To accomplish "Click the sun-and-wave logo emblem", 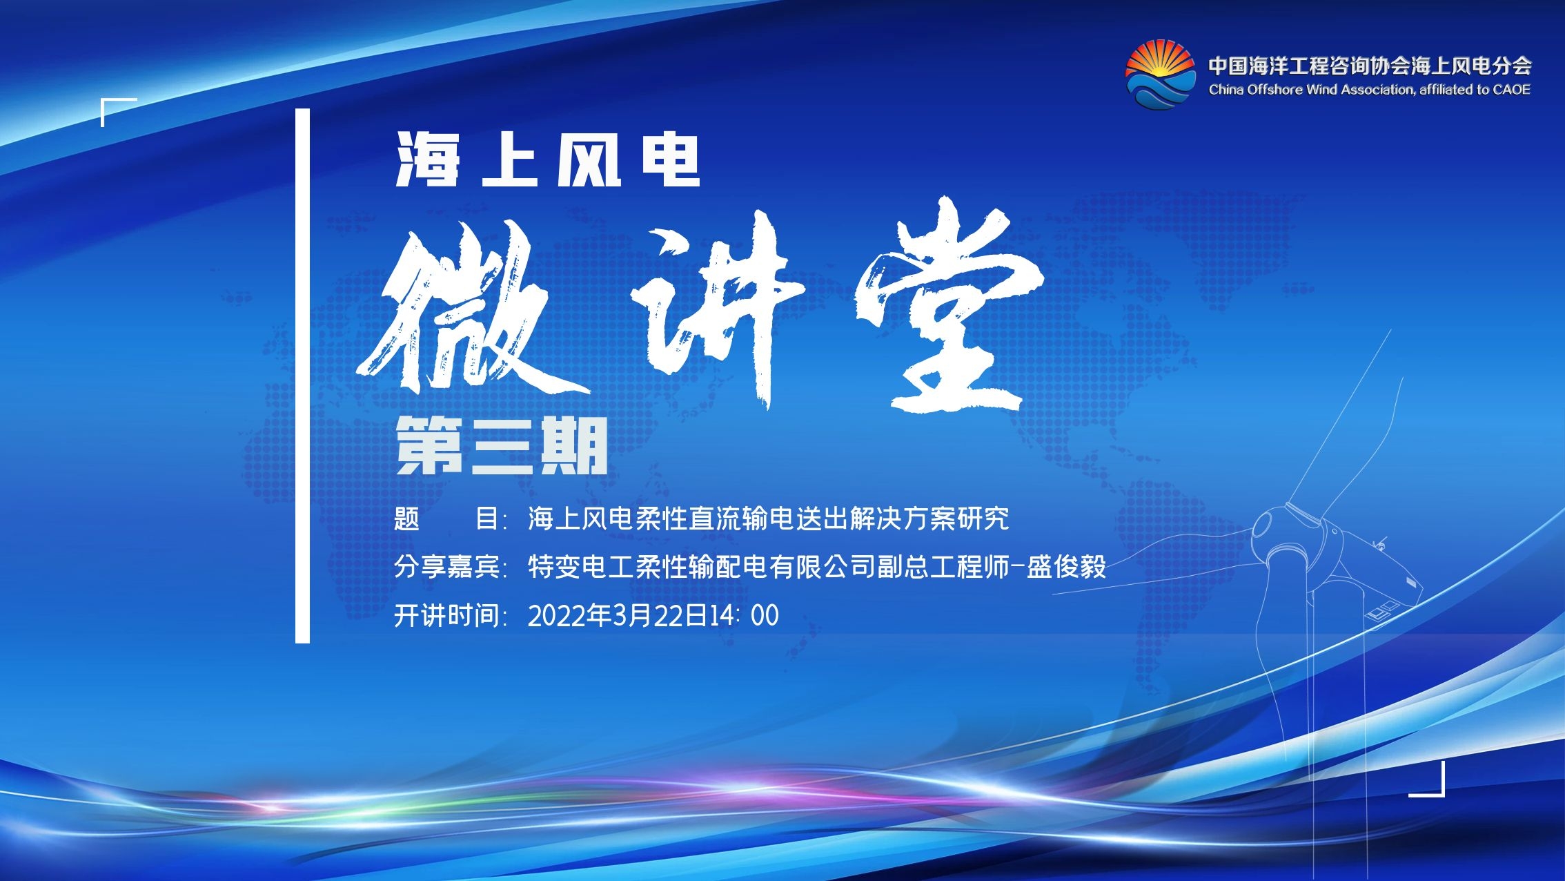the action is (x=1160, y=75).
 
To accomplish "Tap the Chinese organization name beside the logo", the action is (x=1370, y=66).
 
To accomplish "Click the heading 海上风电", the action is (x=549, y=160).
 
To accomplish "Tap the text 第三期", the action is (x=502, y=446).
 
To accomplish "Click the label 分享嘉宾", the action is (x=447, y=567).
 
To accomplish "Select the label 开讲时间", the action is (x=447, y=615).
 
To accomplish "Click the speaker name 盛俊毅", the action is (x=1067, y=567).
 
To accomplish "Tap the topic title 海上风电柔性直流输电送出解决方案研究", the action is (x=769, y=519).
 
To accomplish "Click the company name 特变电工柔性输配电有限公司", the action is (x=702, y=567).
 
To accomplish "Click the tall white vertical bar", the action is (x=302, y=376).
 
